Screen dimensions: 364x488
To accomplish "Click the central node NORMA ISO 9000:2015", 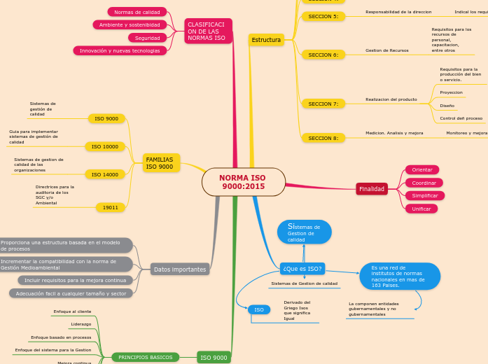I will (243, 182).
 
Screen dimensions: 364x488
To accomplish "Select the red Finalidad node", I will (372, 189).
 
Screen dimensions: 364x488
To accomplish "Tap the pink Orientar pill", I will (422, 170).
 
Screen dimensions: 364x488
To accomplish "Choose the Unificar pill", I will (421, 209).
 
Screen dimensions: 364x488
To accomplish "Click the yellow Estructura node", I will (266, 40).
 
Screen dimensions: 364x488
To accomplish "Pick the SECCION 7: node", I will (323, 104).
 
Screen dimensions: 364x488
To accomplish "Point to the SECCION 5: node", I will (323, 16).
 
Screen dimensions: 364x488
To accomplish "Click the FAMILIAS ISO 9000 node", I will (161, 163).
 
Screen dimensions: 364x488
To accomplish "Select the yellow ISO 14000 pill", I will (105, 174).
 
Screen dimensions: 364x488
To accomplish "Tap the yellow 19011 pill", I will (110, 207).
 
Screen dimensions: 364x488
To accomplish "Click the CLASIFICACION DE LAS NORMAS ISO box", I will (209, 31).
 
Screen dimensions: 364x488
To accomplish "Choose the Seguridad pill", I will (147, 38).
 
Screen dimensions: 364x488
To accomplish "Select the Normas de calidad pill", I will (137, 12).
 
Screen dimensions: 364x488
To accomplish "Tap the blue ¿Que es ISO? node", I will (302, 269).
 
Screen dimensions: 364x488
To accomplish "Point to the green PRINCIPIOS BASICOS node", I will (145, 357).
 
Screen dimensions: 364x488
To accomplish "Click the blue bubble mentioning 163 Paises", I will (400, 276).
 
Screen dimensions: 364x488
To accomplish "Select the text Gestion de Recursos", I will (386, 50).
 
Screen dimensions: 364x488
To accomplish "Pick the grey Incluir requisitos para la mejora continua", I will (75, 280).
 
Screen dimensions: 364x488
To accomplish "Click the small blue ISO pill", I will (258, 309).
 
